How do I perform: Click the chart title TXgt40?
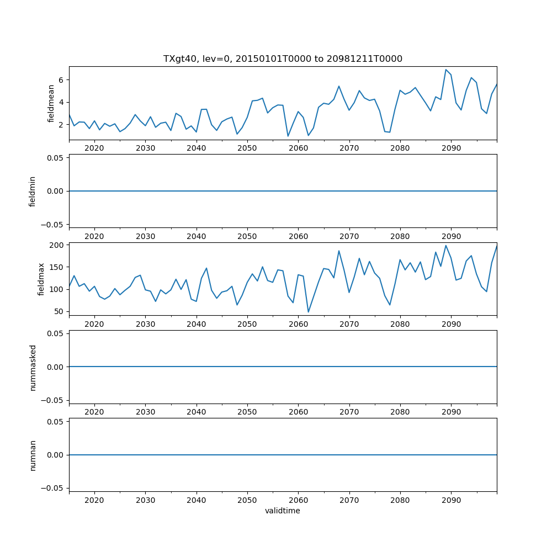283,59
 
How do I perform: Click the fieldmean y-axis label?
51,103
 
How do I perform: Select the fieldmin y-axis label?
33,191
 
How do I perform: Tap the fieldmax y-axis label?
41,279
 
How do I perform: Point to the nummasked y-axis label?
33,367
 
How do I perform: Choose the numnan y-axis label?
33,455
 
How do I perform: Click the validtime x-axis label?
283,511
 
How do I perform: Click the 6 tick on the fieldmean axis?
62,80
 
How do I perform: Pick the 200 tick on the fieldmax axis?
57,245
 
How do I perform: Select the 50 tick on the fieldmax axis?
60,311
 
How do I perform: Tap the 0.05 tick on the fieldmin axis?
55,158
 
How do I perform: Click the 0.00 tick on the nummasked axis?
55,367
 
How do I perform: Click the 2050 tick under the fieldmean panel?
247,148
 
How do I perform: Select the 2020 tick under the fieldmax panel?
94,325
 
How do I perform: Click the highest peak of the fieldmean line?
446,70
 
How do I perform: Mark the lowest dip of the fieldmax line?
309,312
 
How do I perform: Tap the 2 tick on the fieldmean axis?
62,125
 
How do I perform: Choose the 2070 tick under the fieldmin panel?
349,236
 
